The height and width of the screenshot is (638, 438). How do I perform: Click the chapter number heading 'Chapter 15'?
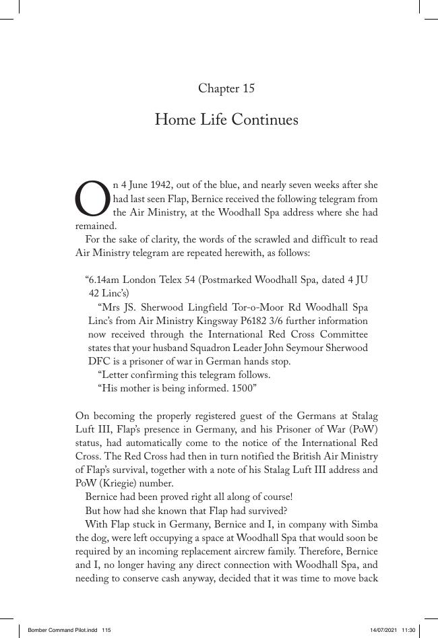(226, 88)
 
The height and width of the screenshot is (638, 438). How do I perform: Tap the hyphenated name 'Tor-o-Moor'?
(259, 307)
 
